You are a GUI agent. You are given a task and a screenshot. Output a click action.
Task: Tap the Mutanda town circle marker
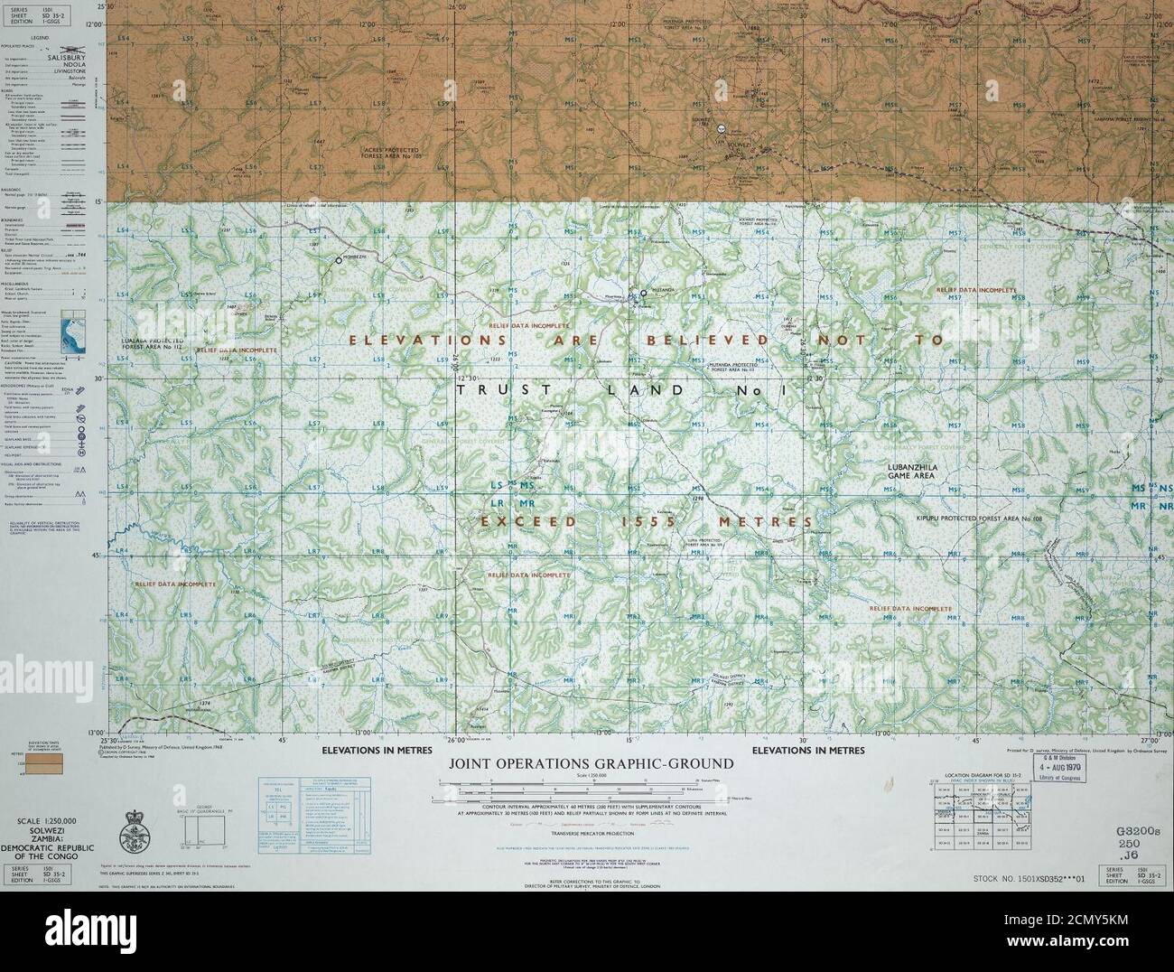point(645,294)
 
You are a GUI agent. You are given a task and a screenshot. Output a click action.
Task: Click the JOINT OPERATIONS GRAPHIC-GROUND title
point(592,764)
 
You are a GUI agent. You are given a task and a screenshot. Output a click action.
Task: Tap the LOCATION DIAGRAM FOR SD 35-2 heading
point(982,775)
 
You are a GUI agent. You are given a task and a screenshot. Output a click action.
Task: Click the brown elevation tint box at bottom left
point(43,765)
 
